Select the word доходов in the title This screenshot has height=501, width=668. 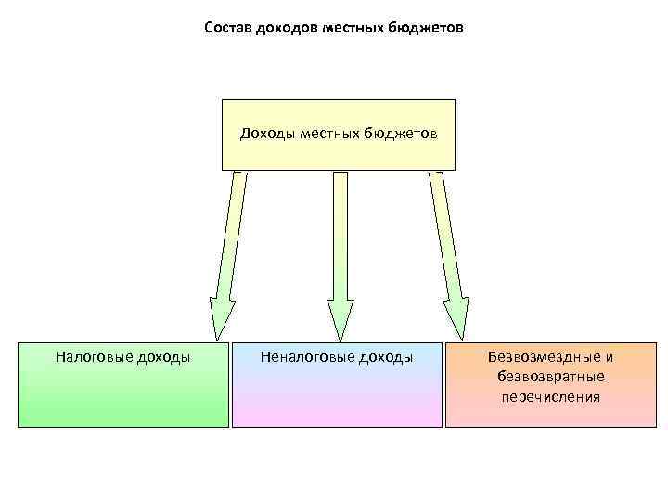[x=286, y=28]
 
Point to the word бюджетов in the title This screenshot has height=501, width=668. [x=427, y=28]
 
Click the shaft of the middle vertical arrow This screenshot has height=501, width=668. [x=340, y=232]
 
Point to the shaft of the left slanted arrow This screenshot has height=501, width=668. [x=231, y=232]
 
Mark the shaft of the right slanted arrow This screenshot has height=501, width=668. [x=444, y=232]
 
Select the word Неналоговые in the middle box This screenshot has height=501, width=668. [x=302, y=356]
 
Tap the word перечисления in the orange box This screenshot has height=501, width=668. [x=551, y=397]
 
